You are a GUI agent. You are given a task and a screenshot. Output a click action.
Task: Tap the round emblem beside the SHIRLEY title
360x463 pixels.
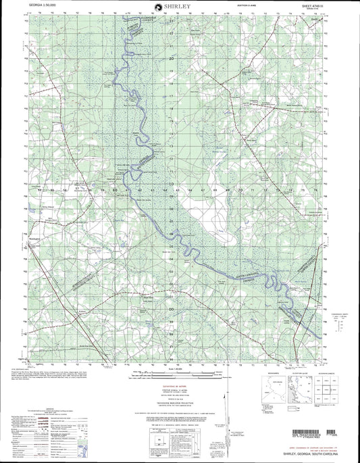pyautogui.click(x=157, y=7)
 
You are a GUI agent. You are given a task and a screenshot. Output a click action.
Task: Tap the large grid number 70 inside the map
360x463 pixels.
pyautogui.click(x=241, y=191)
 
